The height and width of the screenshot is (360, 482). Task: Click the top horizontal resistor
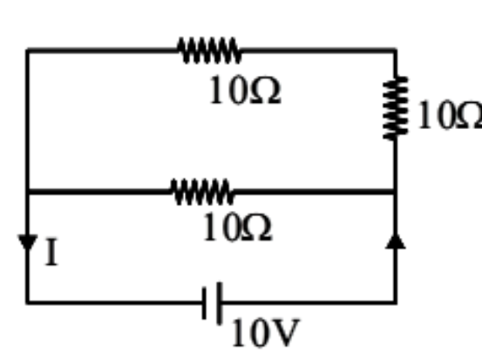pyautogui.click(x=209, y=51)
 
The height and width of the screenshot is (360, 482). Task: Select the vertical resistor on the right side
pyautogui.click(x=396, y=108)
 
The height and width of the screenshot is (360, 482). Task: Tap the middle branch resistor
pyautogui.click(x=201, y=192)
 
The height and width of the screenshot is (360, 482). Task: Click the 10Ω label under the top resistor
pyautogui.click(x=245, y=91)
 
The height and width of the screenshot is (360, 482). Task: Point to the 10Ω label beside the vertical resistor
pyautogui.click(x=450, y=115)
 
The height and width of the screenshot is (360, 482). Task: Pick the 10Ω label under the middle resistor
pyautogui.click(x=237, y=228)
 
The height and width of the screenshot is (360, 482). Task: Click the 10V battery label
pyautogui.click(x=265, y=333)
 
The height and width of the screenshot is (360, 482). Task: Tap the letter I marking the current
pyautogui.click(x=51, y=252)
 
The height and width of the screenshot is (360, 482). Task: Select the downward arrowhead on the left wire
pyautogui.click(x=28, y=242)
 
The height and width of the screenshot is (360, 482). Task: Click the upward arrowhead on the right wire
pyautogui.click(x=396, y=241)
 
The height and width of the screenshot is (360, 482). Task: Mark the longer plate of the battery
pyautogui.click(x=219, y=303)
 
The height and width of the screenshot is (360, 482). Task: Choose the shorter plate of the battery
pyautogui.click(x=204, y=303)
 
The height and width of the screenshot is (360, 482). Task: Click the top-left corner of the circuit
pyautogui.click(x=28, y=51)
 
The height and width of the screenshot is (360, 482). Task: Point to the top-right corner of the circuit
pyautogui.click(x=396, y=51)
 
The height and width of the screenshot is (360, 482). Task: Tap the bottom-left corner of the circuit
pyautogui.click(x=28, y=302)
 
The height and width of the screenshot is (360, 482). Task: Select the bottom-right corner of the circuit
pyautogui.click(x=396, y=302)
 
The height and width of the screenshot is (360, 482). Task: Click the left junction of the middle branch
pyautogui.click(x=28, y=192)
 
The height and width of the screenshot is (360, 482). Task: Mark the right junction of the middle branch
pyautogui.click(x=396, y=192)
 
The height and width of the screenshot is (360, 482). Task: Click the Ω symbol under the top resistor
pyautogui.click(x=265, y=91)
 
